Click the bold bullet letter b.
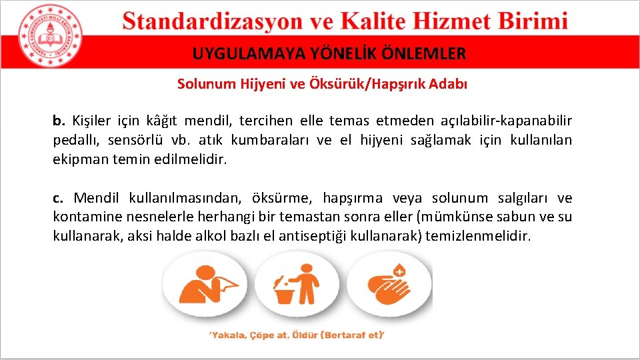pos(59,121)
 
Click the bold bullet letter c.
pos(58,198)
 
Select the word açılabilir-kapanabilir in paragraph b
pos(505,121)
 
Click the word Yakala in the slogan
pos(231,335)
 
